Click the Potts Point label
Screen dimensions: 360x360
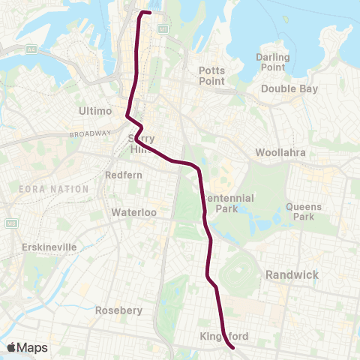[211, 76]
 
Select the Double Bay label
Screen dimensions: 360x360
[289, 88]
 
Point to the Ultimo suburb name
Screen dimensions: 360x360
[95, 111]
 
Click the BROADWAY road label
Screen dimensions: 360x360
[89, 134]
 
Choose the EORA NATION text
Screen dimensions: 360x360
[55, 189]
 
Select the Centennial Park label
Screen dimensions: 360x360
[231, 203]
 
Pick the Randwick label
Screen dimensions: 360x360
[292, 275]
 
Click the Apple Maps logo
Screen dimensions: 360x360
[27, 347]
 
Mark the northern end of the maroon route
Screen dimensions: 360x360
[149, 13]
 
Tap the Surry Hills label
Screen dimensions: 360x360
[141, 144]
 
